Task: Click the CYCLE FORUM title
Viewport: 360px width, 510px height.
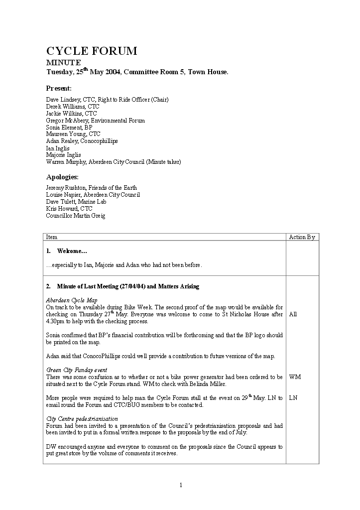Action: point(92,51)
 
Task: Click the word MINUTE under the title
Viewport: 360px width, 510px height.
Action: point(63,63)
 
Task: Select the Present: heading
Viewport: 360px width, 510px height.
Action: point(59,88)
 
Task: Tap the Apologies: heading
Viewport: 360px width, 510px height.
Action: point(62,177)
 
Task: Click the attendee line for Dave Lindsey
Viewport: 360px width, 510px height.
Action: point(107,100)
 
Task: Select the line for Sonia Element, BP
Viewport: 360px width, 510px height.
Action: point(69,127)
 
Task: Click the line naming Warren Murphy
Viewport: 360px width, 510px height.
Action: point(114,162)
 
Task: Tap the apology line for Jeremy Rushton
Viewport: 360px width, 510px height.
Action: point(91,188)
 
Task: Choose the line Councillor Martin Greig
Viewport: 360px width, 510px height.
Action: point(76,216)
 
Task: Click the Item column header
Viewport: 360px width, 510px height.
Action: point(52,237)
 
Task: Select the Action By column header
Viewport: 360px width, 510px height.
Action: point(302,237)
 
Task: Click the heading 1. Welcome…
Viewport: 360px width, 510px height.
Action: point(67,251)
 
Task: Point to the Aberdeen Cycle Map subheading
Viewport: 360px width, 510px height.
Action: point(72,300)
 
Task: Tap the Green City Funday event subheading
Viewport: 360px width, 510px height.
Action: point(77,370)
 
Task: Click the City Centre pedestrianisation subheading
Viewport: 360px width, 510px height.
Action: point(82,419)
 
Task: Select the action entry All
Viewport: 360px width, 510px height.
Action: point(293,314)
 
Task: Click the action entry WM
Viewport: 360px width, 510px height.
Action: point(295,377)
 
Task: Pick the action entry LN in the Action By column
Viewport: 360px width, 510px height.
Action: point(293,398)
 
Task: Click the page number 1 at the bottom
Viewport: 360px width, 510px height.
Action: point(181,485)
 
